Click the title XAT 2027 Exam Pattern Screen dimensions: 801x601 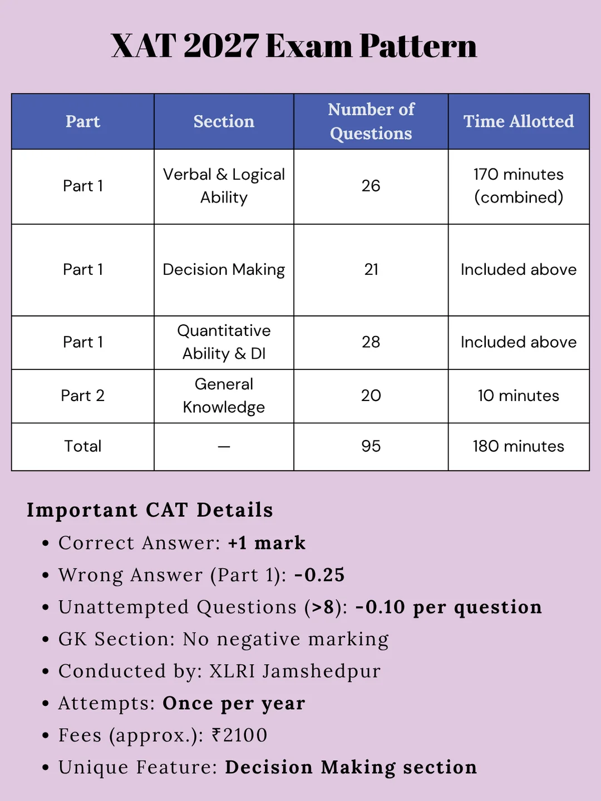pyautogui.click(x=294, y=46)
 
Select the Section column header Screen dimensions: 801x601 pyautogui.click(x=224, y=121)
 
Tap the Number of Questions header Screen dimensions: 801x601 pyautogui.click(x=371, y=121)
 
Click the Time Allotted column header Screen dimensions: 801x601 pyautogui.click(x=519, y=121)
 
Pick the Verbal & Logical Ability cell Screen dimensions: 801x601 pyautogui.click(x=224, y=186)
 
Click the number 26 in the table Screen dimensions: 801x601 pyautogui.click(x=371, y=186)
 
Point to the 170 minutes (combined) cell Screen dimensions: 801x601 pyautogui.click(x=519, y=186)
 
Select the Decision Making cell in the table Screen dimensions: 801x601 pyautogui.click(x=224, y=270)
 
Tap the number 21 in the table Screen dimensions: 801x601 pyautogui.click(x=371, y=270)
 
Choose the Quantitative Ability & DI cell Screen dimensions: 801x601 pyautogui.click(x=224, y=342)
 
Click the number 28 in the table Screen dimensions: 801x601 pyautogui.click(x=371, y=342)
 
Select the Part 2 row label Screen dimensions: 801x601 pyautogui.click(x=83, y=395)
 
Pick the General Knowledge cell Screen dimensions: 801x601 pyautogui.click(x=224, y=395)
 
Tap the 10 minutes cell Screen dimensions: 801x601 pyautogui.click(x=519, y=395)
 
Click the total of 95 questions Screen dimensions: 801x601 pyautogui.click(x=371, y=446)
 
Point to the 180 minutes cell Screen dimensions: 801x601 pyautogui.click(x=519, y=446)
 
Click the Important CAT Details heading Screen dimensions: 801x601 pyautogui.click(x=150, y=510)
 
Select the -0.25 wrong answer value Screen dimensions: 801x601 pyautogui.click(x=319, y=575)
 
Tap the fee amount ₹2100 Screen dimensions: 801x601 pyautogui.click(x=240, y=735)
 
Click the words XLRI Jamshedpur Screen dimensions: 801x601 pyautogui.click(x=295, y=671)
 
